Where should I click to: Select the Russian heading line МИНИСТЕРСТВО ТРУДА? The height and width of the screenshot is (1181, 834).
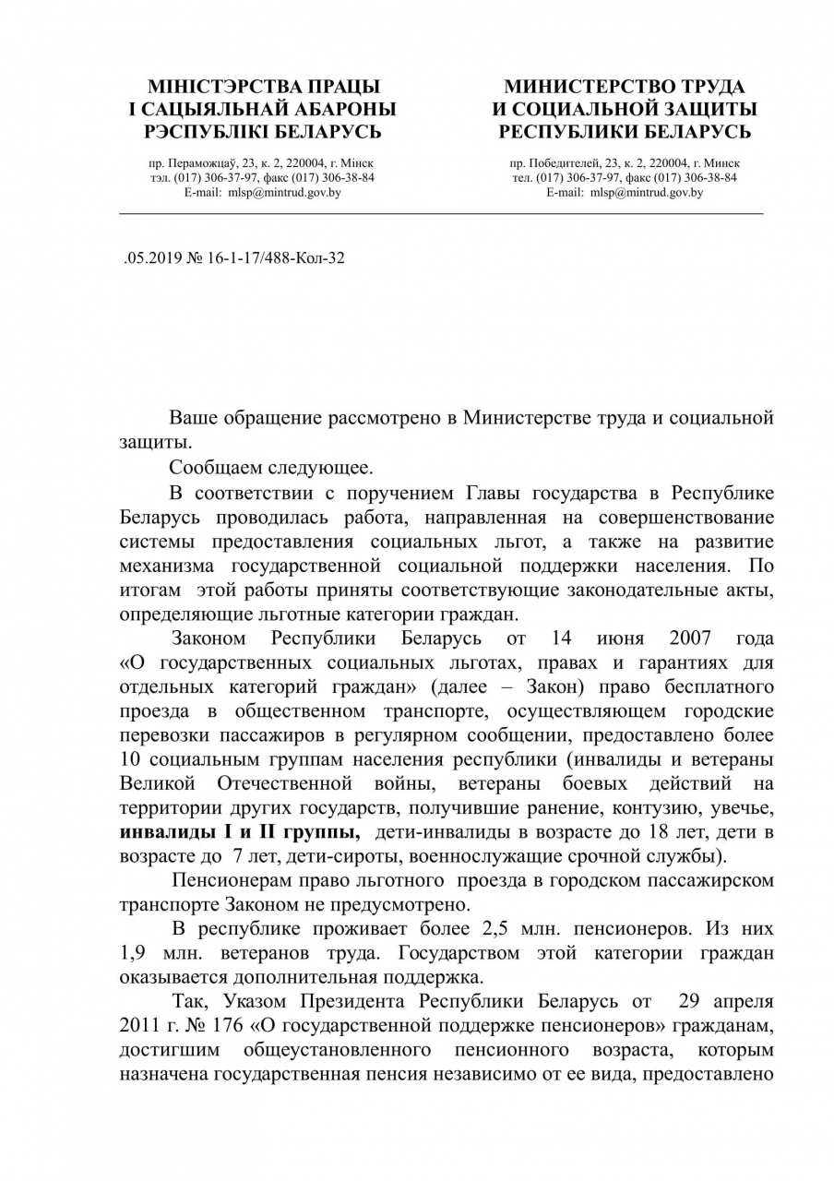624,87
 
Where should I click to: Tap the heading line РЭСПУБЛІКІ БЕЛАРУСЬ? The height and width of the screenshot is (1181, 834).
256,132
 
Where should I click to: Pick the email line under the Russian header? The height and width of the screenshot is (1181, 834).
624,193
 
